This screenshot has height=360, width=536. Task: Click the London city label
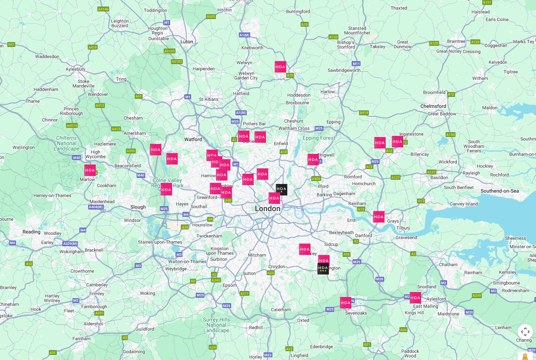267,208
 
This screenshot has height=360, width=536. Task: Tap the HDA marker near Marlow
90,170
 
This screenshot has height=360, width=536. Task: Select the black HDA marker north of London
282,189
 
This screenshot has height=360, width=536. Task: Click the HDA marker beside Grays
379,217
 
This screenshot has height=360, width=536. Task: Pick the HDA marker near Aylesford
415,298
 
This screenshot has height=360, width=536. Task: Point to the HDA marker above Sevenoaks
346,303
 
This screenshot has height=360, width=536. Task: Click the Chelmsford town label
433,106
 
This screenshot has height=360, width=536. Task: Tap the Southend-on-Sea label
499,191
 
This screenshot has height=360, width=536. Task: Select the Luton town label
187,42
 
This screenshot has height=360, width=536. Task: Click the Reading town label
31,232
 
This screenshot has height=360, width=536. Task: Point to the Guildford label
145,329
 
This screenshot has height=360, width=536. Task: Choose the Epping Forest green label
319,138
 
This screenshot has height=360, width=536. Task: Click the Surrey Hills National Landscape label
216,325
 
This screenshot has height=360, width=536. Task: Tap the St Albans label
209,99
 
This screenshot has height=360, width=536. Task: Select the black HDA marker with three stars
323,268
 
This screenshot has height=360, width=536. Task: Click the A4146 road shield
103,9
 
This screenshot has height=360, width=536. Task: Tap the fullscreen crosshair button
525,331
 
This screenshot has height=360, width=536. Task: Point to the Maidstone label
448,314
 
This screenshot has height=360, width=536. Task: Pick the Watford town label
193,139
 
